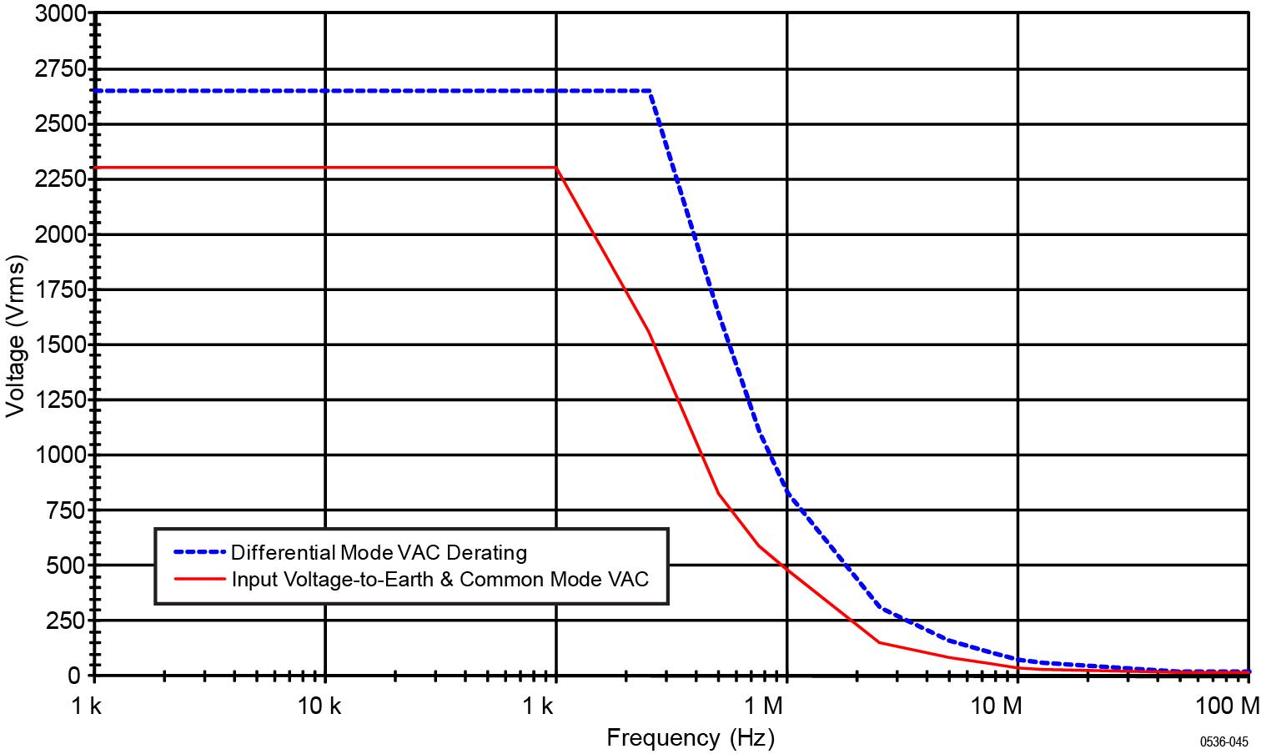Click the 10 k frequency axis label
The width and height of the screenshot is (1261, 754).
click(319, 707)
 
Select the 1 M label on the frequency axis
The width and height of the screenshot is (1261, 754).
click(763, 707)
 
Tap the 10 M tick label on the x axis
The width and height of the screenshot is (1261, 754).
click(997, 707)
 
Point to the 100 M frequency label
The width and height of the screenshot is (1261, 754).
click(1230, 707)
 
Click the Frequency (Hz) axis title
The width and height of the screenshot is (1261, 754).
click(690, 737)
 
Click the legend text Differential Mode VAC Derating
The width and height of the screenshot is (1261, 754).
click(379, 552)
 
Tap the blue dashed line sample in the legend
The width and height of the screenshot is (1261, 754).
click(199, 552)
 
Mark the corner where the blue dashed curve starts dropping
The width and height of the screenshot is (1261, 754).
click(650, 91)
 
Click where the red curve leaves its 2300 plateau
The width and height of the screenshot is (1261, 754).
click(556, 168)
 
